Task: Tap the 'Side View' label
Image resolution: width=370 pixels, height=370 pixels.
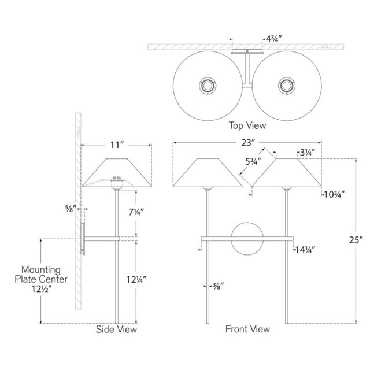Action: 116,330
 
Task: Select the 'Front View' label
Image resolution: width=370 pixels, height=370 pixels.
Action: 248,330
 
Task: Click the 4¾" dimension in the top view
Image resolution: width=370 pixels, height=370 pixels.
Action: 273,39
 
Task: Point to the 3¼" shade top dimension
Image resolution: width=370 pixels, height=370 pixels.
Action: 307,153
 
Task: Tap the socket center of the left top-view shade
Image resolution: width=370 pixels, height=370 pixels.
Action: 207,86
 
